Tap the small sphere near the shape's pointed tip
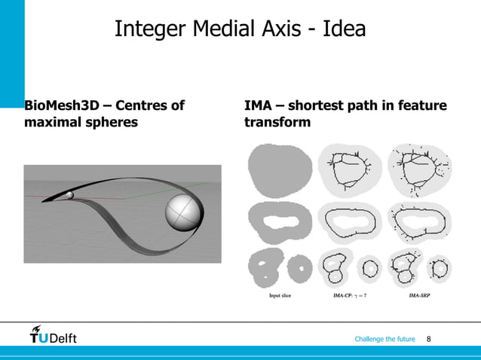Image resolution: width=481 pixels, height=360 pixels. coord(70,195)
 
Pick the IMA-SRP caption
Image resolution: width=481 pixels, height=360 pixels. coord(419,296)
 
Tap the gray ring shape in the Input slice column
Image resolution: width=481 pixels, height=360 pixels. coord(280,221)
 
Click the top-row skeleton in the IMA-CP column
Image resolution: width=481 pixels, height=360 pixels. coord(349,169)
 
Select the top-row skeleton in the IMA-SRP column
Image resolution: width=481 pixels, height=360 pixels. coord(419,169)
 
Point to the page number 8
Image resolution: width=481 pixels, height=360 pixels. coord(429,339)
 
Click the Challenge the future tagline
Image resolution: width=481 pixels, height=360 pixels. coord(384,339)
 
